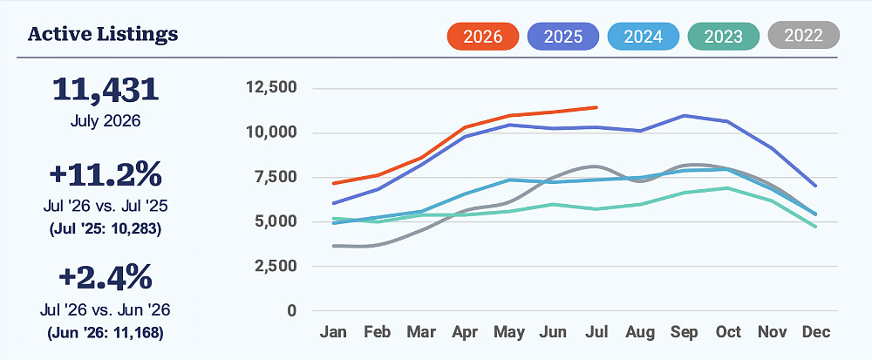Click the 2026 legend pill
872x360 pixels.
tap(483, 37)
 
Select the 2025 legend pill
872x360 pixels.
tap(562, 37)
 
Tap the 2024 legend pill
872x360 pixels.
tap(643, 37)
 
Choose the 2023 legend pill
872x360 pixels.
tap(723, 37)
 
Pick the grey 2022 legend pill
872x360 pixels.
tap(803, 36)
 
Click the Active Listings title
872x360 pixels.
tap(103, 35)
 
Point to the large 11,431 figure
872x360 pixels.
tap(106, 90)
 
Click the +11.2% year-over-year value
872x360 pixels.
tap(106, 173)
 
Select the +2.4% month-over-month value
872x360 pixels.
tap(106, 277)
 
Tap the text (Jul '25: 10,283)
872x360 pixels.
tap(106, 229)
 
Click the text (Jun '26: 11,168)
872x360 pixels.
tap(106, 333)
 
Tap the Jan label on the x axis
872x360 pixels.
tap(333, 332)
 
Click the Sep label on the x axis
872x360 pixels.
tap(684, 332)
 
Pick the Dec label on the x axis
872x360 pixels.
tap(816, 332)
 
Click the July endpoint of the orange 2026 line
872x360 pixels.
tap(596, 107)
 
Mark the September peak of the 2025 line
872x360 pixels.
tap(684, 116)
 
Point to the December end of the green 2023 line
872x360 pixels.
tap(815, 227)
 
